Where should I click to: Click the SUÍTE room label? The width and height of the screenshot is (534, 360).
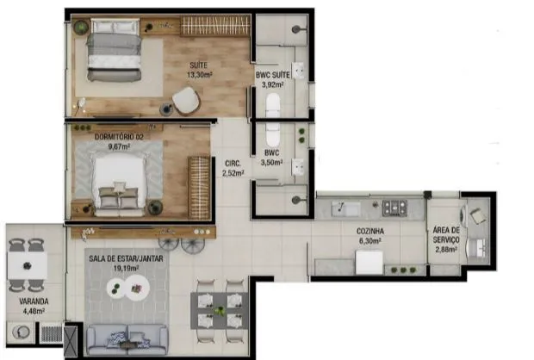(199, 65)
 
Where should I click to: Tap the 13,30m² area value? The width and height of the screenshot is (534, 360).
(200, 75)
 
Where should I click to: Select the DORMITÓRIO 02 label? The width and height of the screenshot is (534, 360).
(119, 137)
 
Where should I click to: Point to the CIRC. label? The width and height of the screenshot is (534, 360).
(233, 164)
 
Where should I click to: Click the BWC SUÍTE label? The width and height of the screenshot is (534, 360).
(273, 75)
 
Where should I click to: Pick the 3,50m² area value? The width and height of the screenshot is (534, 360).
(271, 163)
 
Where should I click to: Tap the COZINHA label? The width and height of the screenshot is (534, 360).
(370, 232)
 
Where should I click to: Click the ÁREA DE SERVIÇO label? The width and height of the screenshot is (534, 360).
(446, 235)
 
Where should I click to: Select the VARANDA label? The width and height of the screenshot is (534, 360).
(34, 301)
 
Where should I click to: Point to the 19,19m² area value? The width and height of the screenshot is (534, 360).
(126, 269)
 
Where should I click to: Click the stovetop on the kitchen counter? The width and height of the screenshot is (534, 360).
(394, 208)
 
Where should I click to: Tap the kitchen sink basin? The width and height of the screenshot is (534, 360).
(345, 208)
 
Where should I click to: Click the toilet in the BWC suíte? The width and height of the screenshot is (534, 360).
(273, 104)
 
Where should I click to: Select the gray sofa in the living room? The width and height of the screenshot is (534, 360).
(127, 339)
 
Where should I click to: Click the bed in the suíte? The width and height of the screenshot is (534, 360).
(114, 50)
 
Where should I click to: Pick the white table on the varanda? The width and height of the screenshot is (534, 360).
(28, 265)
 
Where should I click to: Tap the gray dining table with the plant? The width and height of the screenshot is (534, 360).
(220, 311)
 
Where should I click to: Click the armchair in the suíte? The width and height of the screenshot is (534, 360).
(186, 101)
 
